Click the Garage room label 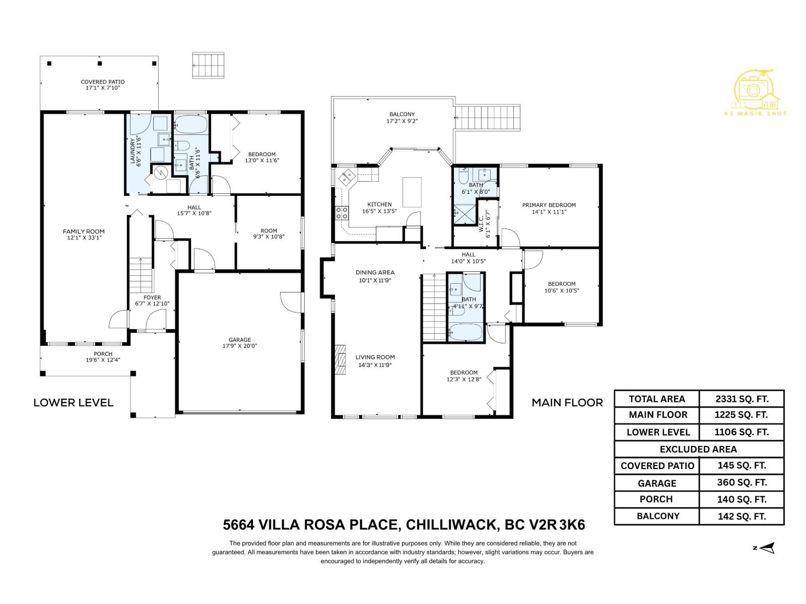coord(239,340)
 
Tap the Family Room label coord(84,232)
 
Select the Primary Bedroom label coord(549,205)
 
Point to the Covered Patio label coord(103,82)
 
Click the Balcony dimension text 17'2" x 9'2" coord(402,121)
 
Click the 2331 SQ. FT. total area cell coord(742,399)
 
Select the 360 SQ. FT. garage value coord(742,483)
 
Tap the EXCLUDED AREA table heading coord(698,449)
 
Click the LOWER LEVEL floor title coord(74,403)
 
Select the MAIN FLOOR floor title coord(567,403)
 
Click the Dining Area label coord(375,272)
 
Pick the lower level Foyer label coord(152,297)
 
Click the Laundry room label coord(133,150)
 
